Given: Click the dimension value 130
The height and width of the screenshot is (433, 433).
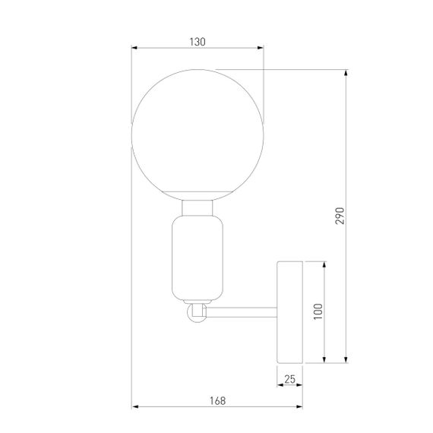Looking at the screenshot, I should [x=198, y=42].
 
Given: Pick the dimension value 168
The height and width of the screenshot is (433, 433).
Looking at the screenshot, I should [x=217, y=399].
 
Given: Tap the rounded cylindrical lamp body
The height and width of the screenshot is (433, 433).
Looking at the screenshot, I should [x=198, y=258].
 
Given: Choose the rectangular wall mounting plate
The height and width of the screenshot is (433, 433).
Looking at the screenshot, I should [x=289, y=311].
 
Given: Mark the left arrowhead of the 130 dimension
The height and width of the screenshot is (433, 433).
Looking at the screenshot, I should [x=134, y=49].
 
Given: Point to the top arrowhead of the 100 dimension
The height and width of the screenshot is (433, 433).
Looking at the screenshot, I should [x=326, y=264].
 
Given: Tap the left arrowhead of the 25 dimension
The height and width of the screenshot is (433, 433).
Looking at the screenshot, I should [x=279, y=384].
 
